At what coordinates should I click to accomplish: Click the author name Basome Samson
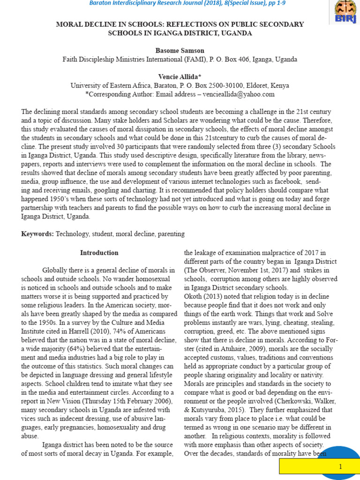coord(180,50)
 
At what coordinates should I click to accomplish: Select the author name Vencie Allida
coord(180,76)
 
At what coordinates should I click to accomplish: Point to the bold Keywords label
coord(37,233)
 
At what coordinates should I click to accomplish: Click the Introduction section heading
coord(99,253)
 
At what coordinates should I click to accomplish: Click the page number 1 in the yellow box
coord(341,467)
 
